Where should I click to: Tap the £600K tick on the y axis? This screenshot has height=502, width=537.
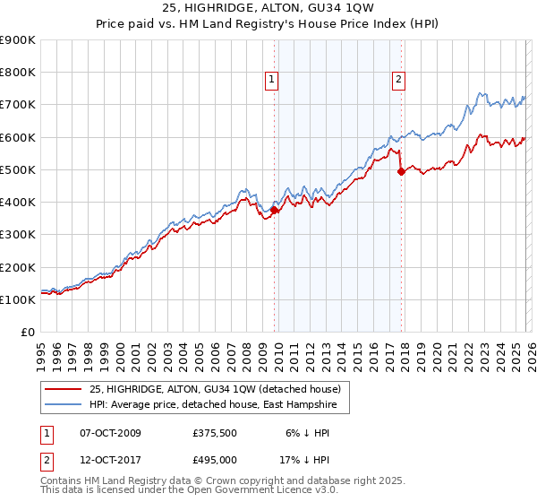18,137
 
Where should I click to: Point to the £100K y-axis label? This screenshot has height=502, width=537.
18,299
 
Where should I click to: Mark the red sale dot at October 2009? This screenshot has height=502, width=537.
274,211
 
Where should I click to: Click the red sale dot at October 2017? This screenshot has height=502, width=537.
401,172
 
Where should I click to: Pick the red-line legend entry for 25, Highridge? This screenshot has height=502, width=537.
215,389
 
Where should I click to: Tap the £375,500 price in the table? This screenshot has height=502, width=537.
214,433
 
